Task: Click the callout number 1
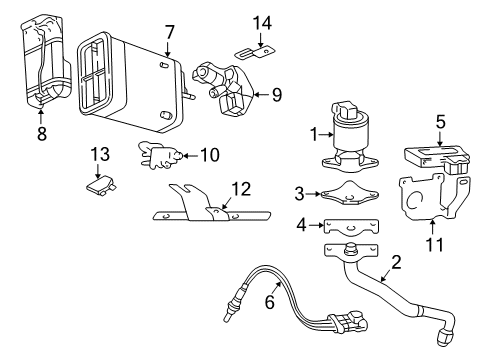click(x=313, y=132)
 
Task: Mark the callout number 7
click(x=170, y=32)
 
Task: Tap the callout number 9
click(x=277, y=96)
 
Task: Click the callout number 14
click(x=262, y=22)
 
